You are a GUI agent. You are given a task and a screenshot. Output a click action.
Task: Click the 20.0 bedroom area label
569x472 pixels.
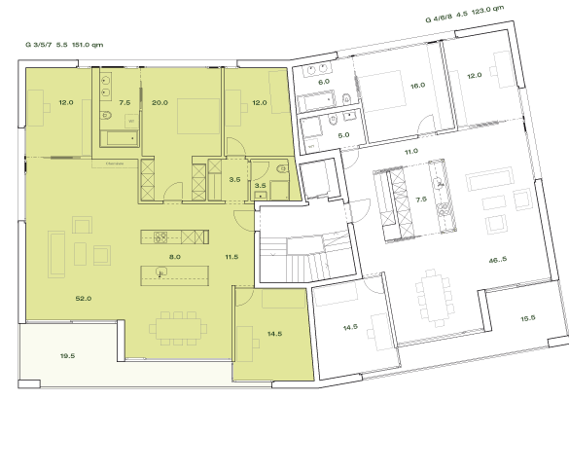coord(160,102)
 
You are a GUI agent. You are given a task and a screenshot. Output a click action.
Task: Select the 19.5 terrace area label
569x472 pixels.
coord(68,357)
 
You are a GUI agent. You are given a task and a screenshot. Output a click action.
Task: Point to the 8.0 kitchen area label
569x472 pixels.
coord(175,257)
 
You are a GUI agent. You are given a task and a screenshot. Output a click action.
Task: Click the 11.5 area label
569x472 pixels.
coord(231,257)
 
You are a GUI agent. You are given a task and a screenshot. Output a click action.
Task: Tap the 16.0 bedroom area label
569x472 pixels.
coord(418,86)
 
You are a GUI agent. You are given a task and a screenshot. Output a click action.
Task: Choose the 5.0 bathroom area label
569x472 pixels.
coord(343,135)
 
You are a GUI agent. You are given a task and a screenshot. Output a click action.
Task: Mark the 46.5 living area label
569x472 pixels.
coord(498,261)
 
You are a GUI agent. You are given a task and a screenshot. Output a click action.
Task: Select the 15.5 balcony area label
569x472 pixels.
coord(527,318)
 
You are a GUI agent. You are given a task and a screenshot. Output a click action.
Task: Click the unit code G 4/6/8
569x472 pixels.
coord(441,18)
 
